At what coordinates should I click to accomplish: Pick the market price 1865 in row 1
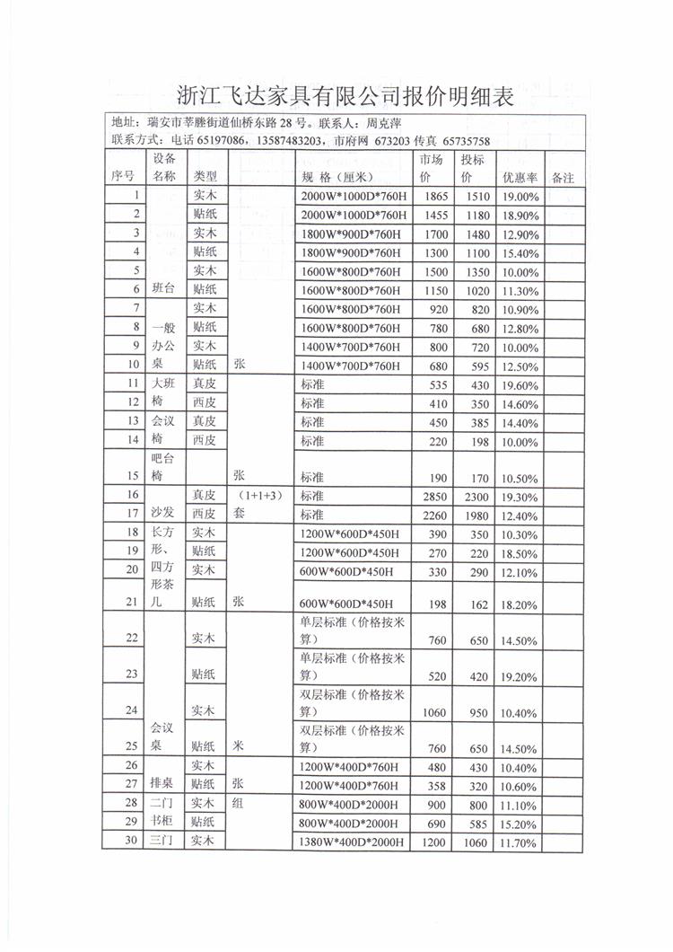click(435, 197)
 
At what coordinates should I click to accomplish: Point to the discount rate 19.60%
click(520, 385)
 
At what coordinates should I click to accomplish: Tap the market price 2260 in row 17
click(435, 515)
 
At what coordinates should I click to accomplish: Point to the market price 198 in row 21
click(435, 604)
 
